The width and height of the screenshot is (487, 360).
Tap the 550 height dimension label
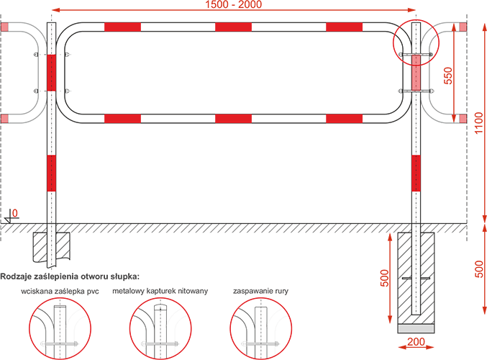coord(448,76)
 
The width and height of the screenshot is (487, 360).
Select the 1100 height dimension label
coord(479,123)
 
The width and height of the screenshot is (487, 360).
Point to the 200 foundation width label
coord(416,342)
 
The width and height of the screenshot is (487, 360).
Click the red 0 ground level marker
coord(14,213)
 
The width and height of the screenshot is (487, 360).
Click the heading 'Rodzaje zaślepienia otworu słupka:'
coord(70,276)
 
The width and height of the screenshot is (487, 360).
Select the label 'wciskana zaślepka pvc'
coord(60,292)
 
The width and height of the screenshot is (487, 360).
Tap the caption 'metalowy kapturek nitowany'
coord(160,291)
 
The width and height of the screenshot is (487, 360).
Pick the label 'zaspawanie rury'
coord(260,292)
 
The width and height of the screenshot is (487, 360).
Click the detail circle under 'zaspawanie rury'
coord(261,299)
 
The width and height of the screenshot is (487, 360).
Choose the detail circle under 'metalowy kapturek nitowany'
coord(160,299)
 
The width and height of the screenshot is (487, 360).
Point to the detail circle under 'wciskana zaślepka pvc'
coord(60,299)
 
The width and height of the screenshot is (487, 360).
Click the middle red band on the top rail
coord(233,27)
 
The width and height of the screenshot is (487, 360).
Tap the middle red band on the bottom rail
coord(233,119)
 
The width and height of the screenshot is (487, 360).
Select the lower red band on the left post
coord(51,174)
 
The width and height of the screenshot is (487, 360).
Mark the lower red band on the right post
coord(416,174)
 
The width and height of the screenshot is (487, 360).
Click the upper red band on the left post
coord(51,73)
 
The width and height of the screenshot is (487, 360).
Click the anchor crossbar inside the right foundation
coord(416,278)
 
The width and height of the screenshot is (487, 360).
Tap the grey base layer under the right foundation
coord(416,328)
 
